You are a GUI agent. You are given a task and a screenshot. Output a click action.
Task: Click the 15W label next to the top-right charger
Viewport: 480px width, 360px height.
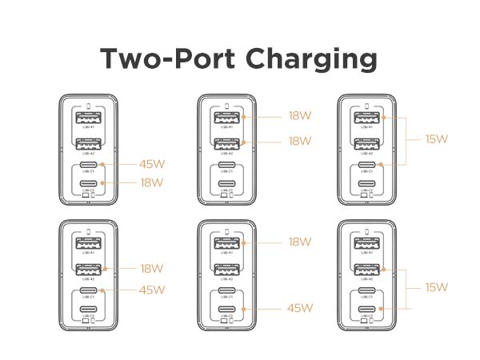tap(437, 139)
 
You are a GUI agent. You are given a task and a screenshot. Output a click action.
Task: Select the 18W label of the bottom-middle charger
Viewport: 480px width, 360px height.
tap(300, 242)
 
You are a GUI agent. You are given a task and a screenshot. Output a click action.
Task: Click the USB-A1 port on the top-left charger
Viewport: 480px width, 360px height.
tap(88, 118)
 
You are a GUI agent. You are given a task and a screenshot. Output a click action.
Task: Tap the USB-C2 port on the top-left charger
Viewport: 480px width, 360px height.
tap(88, 183)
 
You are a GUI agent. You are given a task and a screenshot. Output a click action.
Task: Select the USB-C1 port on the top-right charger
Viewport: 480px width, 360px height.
tap(366, 165)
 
